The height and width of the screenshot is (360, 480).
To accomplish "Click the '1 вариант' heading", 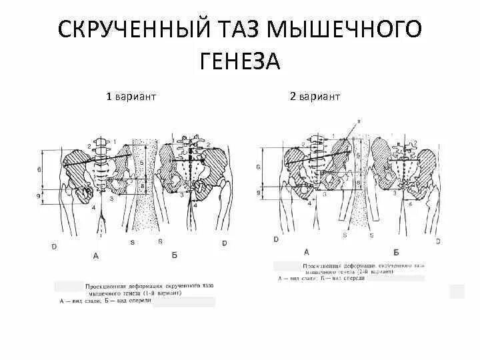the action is [131, 97].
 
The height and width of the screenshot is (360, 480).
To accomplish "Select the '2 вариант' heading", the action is [315, 97].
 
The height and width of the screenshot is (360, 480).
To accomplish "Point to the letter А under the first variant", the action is [96, 255].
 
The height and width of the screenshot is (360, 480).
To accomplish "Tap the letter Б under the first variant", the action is [174, 255].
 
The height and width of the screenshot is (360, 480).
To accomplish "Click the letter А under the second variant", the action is [307, 251].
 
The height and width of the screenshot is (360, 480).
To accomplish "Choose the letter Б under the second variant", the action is [397, 252].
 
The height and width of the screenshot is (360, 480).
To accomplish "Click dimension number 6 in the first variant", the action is [40, 171].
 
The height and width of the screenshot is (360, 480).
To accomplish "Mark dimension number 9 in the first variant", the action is [40, 196].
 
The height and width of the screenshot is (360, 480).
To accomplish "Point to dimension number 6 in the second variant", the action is [258, 168].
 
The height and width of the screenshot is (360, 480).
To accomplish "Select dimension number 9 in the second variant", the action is [258, 193].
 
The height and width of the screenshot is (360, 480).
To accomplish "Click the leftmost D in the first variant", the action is [54, 246].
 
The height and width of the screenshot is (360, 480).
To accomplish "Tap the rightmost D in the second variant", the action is [438, 240].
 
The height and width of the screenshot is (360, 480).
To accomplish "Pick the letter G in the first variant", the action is [160, 241].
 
